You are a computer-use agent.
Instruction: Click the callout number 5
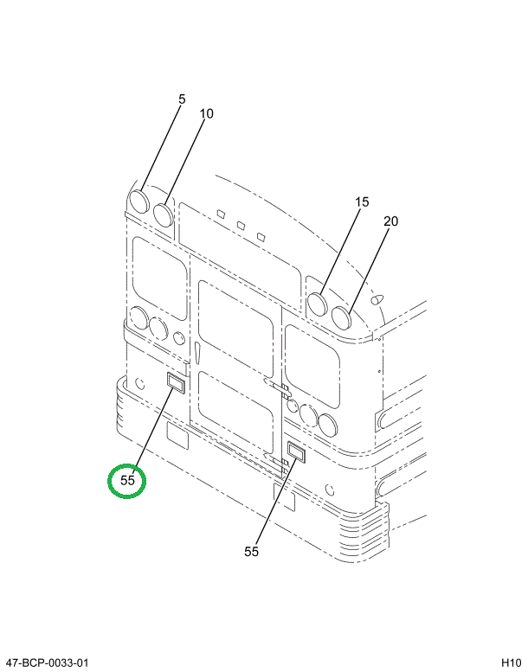(x=182, y=99)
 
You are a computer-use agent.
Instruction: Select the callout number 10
(x=206, y=113)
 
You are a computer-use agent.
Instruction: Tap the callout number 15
(x=362, y=202)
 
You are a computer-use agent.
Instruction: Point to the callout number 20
(x=390, y=221)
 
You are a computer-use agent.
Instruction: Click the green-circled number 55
(x=127, y=480)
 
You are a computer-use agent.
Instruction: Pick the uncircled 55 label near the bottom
(x=251, y=552)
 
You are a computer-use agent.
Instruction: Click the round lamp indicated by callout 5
(x=138, y=202)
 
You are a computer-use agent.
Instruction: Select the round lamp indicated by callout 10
(x=163, y=215)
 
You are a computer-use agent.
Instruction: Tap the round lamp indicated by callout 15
(x=318, y=304)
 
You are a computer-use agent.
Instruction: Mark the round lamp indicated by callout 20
(x=341, y=318)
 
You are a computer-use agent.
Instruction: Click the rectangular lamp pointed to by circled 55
(x=176, y=382)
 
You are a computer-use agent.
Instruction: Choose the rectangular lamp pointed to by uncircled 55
(x=295, y=452)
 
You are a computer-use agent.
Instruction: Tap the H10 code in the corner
(x=512, y=663)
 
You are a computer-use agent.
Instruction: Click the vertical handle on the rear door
(x=196, y=353)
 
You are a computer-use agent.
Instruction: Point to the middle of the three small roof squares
(x=241, y=225)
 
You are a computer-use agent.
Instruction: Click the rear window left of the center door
(x=160, y=278)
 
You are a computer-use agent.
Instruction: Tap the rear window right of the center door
(x=312, y=367)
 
